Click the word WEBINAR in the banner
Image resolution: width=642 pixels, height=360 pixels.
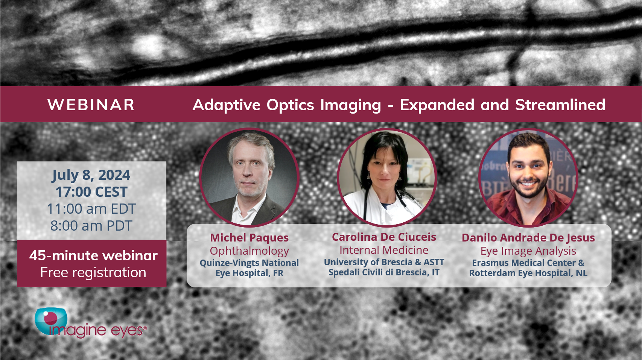pyautogui.click(x=91, y=105)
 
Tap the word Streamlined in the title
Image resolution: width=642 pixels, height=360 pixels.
pyautogui.click(x=560, y=105)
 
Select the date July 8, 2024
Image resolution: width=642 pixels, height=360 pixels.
pyautogui.click(x=91, y=175)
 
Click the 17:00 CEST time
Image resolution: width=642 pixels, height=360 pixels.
pyautogui.click(x=91, y=192)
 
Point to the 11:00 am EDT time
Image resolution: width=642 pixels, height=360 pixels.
pyautogui.click(x=91, y=209)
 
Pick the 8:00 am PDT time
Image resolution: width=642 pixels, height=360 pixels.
pyautogui.click(x=91, y=226)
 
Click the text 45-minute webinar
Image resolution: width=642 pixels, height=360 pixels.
pyautogui.click(x=93, y=255)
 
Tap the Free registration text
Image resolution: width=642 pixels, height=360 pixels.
pyautogui.click(x=93, y=272)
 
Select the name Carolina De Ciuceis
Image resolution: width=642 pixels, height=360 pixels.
pyautogui.click(x=384, y=237)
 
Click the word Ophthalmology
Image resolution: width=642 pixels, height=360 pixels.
pyautogui.click(x=249, y=251)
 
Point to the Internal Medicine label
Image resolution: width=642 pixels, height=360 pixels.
pyautogui.click(x=384, y=250)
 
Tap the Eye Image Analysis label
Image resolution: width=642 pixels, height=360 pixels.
pyautogui.click(x=528, y=251)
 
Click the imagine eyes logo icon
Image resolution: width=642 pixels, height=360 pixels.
pyautogui.click(x=51, y=321)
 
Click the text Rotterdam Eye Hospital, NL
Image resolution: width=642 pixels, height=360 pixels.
pyautogui.click(x=528, y=273)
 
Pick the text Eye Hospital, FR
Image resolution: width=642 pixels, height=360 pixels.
pyautogui.click(x=249, y=273)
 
